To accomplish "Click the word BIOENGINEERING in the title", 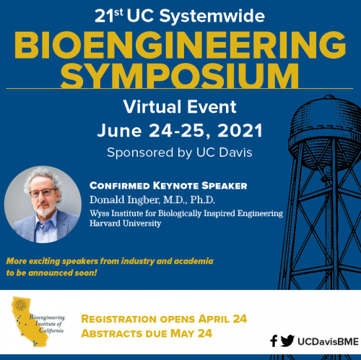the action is pos(180,45).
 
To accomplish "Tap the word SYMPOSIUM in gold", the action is pos(180,75).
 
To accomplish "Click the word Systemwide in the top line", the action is pos(212,16).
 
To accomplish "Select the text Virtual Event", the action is pos(180,106).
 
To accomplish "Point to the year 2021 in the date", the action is pos(240,130).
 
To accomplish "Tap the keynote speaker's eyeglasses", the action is pos(43,192).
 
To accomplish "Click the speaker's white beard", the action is pos(45,209).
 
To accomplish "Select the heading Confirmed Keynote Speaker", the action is pos(168,186).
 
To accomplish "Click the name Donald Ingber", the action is pos(124,200).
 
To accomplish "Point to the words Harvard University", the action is pos(125,223).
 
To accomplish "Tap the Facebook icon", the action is pos(274,340).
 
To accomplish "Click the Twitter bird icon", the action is pos(287,340).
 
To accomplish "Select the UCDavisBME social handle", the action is pos(328,341).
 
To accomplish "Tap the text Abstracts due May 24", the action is pos(147,334).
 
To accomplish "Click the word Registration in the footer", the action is pos(119,319).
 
